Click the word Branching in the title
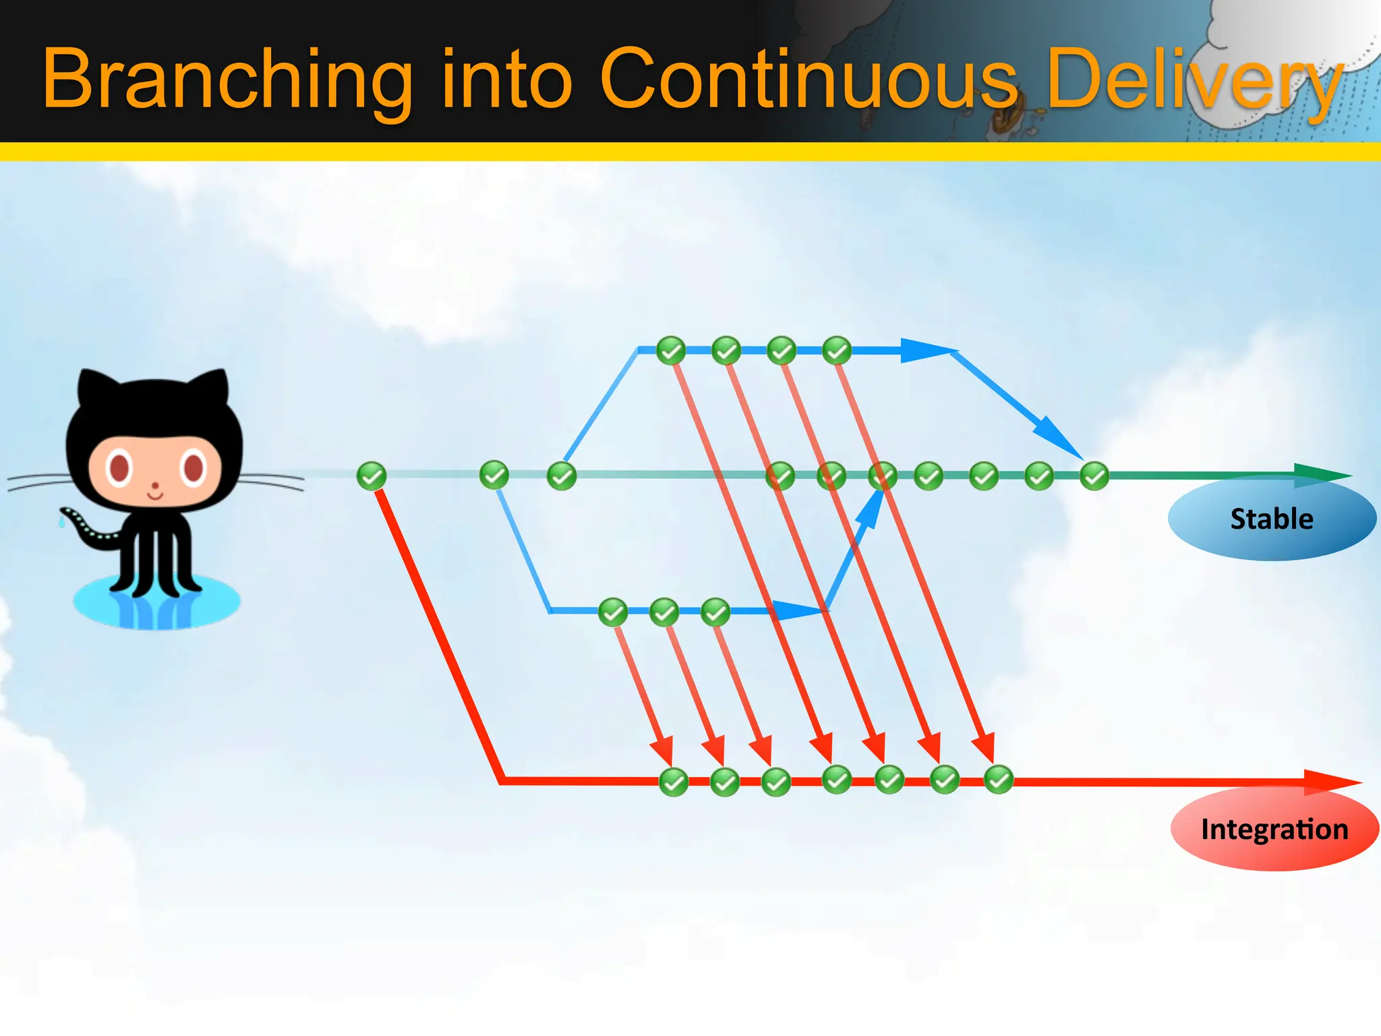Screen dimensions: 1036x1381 227,80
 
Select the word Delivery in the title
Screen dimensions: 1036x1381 1194,80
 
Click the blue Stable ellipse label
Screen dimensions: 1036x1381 1272,519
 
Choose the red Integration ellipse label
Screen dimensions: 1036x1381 1274,829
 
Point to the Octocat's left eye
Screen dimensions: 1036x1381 119,468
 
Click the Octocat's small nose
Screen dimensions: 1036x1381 155,485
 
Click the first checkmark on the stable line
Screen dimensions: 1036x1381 371,476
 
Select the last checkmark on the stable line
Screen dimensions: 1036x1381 1094,476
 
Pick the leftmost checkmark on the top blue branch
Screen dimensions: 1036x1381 671,350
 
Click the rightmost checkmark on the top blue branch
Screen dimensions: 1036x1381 837,350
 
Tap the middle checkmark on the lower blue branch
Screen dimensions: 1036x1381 664,612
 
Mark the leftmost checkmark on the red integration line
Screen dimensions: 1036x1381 674,782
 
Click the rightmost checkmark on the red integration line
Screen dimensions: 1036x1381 999,780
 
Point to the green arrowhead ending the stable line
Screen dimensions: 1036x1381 1322,475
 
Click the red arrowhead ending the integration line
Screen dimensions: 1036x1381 1332,782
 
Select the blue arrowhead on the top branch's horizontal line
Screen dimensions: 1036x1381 924,350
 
